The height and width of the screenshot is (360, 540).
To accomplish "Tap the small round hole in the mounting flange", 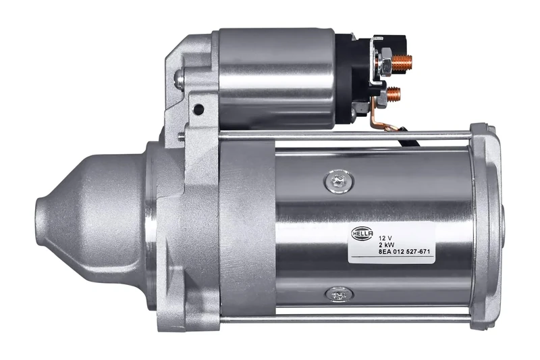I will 198,108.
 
